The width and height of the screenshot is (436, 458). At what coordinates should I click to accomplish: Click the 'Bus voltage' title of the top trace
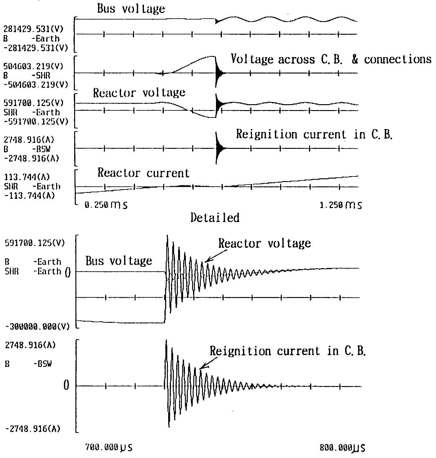pyautogui.click(x=131, y=9)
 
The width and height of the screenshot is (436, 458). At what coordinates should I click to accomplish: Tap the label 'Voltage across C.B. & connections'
pyautogui.click(x=331, y=59)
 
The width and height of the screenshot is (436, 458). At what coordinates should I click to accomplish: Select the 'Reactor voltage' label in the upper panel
pyautogui.click(x=139, y=92)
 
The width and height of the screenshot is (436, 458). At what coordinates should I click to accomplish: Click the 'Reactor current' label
pyautogui.click(x=143, y=173)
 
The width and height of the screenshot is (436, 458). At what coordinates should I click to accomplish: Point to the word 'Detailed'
pyautogui.click(x=215, y=218)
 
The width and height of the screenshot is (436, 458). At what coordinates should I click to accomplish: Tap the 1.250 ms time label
pyautogui.click(x=340, y=205)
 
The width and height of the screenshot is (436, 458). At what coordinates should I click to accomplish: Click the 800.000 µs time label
pyautogui.click(x=342, y=447)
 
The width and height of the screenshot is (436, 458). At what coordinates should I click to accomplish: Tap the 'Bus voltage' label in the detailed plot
pyautogui.click(x=119, y=261)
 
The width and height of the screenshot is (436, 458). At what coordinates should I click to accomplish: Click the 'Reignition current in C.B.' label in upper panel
pyautogui.click(x=314, y=134)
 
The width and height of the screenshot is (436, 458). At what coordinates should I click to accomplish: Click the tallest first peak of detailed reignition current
pyautogui.click(x=167, y=341)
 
